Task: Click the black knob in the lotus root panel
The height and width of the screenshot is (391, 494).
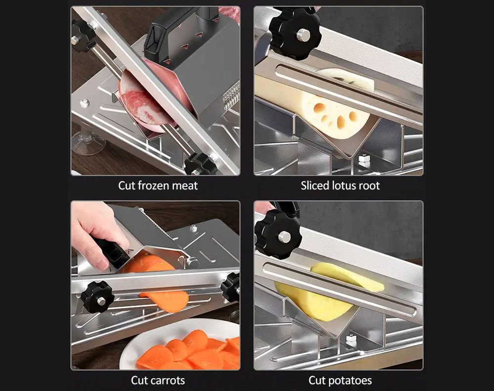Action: click(295, 34)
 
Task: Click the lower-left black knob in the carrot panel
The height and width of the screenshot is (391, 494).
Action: click(97, 297)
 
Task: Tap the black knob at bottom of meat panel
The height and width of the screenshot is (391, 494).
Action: click(200, 164)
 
